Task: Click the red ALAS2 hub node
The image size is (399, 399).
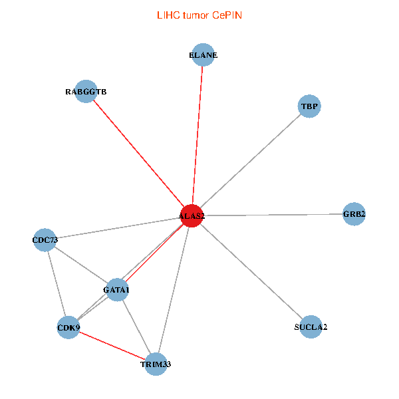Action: click(192, 216)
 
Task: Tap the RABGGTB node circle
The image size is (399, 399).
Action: click(86, 92)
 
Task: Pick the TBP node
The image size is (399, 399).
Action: click(309, 106)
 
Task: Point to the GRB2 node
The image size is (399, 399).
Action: click(354, 214)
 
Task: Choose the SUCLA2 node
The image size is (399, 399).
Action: click(311, 327)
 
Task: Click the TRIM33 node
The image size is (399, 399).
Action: click(156, 364)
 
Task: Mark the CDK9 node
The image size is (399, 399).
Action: click(68, 327)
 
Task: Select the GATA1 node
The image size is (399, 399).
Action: click(117, 290)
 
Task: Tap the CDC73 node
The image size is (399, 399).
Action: click(45, 239)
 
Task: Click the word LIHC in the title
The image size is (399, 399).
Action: click(168, 15)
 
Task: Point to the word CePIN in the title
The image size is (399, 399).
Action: click(227, 15)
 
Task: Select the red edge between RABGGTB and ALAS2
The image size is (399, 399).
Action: click(139, 154)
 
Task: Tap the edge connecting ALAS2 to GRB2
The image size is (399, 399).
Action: click(273, 215)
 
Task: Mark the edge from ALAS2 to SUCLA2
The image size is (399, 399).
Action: click(251, 271)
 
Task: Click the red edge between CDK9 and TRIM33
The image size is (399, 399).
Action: click(112, 345)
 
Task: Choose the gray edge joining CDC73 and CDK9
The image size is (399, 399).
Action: click(57, 283)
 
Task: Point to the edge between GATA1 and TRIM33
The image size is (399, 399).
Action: click(136, 327)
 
